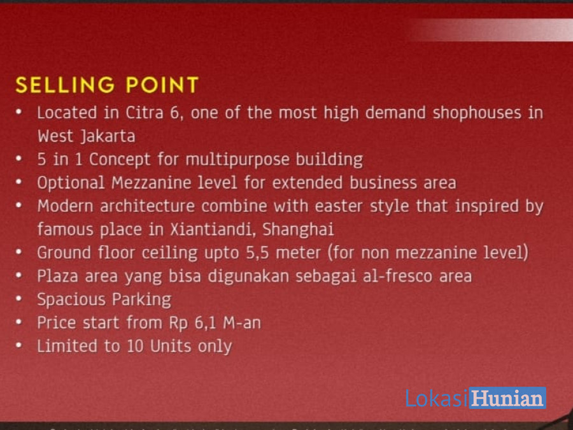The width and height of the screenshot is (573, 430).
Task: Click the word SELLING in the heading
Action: tap(65, 85)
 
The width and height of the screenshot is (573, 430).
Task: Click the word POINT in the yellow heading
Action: tap(162, 85)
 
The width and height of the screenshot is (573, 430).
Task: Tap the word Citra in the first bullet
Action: tap(145, 113)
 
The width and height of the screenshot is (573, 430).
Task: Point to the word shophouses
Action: tap(476, 113)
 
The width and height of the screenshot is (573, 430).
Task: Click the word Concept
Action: tap(120, 160)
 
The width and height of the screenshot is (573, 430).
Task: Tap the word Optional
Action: tap(71, 183)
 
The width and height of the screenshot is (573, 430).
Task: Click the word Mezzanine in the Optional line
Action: tap(152, 183)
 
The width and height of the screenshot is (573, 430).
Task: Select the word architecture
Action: tap(147, 206)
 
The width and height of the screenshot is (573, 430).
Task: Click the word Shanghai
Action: tap(298, 230)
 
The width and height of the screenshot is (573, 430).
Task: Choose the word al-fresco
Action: tap(397, 276)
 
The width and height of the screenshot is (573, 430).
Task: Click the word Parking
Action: tap(141, 300)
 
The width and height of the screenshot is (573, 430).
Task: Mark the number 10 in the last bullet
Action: tap(135, 347)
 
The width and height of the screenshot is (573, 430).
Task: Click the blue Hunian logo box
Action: tap(507, 398)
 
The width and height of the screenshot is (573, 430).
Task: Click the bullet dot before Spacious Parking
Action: tap(19, 299)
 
